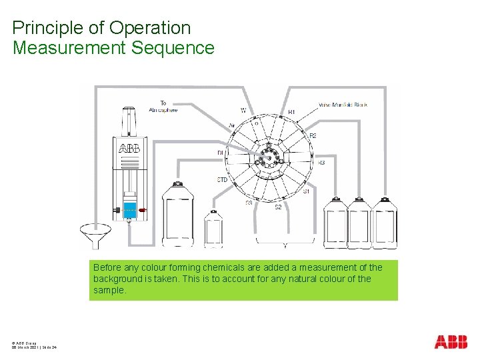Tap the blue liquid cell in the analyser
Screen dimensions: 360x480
[x=129, y=209]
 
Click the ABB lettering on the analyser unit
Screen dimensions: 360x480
[x=129, y=148]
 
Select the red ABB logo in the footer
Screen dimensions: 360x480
[x=451, y=342]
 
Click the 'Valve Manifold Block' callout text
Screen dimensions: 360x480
[x=343, y=105]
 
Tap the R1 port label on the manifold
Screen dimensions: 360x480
[x=291, y=111]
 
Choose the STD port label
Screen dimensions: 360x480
[x=223, y=180]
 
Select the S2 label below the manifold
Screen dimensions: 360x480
[x=278, y=207]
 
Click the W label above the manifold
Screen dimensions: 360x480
[x=243, y=111]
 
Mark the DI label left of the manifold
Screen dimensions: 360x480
[x=220, y=153]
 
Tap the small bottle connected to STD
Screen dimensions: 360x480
[x=213, y=228]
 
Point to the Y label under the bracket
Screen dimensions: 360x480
[x=285, y=246]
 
